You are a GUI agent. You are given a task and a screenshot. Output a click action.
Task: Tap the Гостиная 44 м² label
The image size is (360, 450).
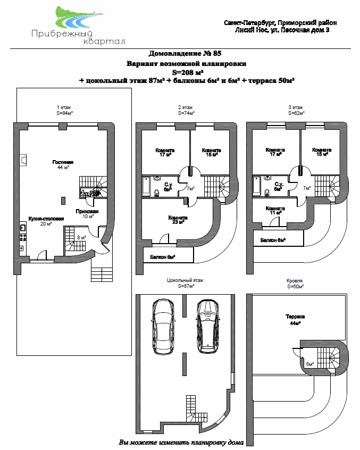click(x=63, y=164)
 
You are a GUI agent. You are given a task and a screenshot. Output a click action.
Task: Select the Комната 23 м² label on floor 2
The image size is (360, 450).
click(x=177, y=220)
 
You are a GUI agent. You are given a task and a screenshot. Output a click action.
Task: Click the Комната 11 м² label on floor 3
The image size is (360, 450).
click(x=275, y=211)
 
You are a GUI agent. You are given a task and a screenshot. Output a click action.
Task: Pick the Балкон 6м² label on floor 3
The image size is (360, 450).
click(x=273, y=240)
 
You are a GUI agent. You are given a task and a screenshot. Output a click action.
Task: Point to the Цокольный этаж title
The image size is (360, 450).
click(x=184, y=280)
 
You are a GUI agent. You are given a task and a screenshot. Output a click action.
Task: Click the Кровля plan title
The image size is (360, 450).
click(x=295, y=280)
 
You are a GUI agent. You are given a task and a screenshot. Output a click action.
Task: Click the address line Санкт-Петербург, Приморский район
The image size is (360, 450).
click(x=280, y=23)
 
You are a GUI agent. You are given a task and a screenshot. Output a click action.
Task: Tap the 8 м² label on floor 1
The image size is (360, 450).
click(x=82, y=238)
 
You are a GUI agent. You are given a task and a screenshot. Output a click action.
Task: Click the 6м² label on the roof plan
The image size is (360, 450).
click(x=310, y=364)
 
